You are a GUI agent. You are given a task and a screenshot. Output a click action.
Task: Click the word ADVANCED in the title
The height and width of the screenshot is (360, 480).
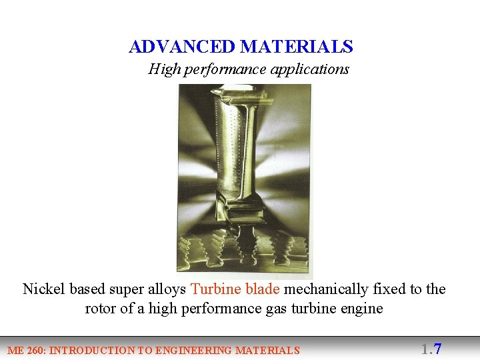(x=182, y=47)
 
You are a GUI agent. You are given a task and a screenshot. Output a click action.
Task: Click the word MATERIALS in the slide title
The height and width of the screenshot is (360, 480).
(x=296, y=47)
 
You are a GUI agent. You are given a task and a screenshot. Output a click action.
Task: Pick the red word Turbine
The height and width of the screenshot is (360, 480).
(x=215, y=289)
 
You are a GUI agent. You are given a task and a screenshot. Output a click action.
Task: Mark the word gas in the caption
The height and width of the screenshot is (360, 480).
(x=263, y=309)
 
